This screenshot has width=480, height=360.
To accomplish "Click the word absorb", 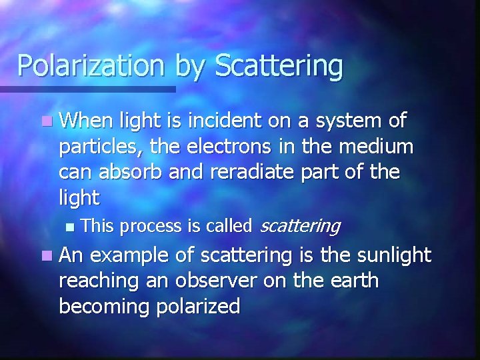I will [x=130, y=171].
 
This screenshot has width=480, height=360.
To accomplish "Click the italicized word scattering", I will [x=299, y=227].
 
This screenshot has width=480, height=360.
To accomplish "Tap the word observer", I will [x=213, y=281].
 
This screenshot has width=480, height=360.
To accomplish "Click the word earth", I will [x=349, y=281].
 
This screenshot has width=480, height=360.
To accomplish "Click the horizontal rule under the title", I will [x=87, y=89].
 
